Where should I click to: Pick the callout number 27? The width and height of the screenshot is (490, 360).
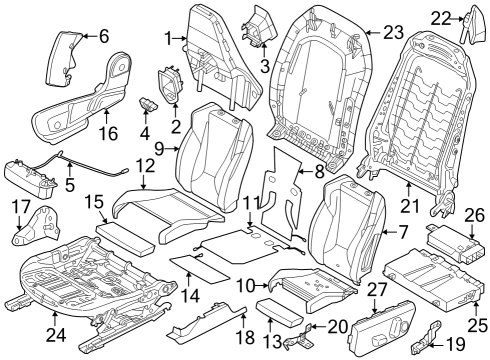(378, 289)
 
